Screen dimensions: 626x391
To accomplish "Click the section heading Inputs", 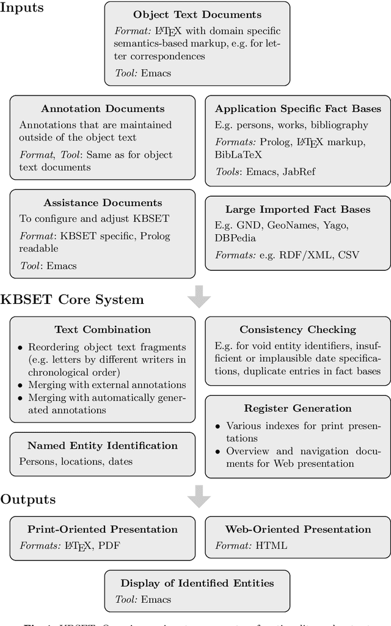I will click(23, 7).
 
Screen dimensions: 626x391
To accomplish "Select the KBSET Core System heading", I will click(72, 300).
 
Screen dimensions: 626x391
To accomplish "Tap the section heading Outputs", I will click(27, 499).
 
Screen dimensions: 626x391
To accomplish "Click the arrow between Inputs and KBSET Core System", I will click(199, 297).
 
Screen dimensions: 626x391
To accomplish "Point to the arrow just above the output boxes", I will click(199, 496).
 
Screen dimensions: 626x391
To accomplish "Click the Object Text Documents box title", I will click(197, 14).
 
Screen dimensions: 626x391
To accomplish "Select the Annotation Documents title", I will click(103, 109).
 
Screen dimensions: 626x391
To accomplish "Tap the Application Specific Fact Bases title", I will click(298, 109).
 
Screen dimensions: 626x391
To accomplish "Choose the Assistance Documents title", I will click(103, 202).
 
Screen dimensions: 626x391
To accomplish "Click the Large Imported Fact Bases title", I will click(298, 209).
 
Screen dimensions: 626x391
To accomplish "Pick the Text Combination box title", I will click(103, 330).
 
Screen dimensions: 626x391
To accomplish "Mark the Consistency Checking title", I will click(298, 330).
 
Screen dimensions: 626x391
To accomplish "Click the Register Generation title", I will click(298, 408).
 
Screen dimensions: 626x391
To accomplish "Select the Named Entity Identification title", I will click(103, 446).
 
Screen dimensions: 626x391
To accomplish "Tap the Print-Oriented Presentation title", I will click(103, 529).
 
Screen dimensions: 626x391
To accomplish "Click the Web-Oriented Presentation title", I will click(298, 529).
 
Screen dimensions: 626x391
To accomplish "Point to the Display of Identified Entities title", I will click(197, 583).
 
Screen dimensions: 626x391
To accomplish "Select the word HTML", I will click(272, 545).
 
